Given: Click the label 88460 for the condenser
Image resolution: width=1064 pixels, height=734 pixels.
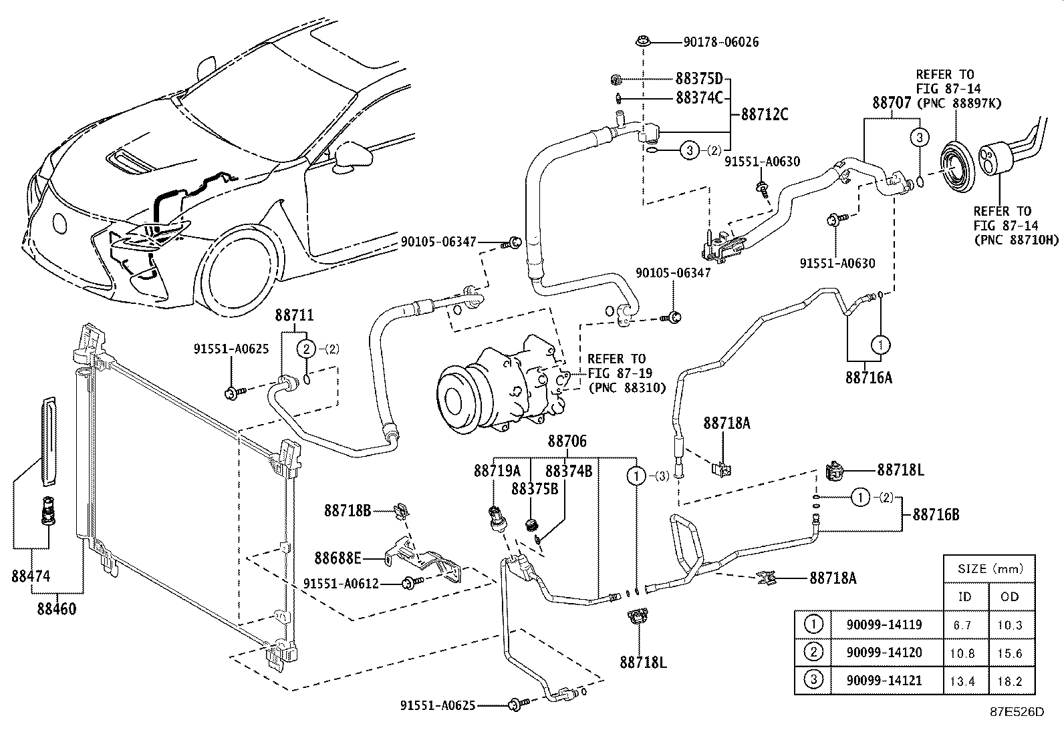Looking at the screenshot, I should [x=57, y=608].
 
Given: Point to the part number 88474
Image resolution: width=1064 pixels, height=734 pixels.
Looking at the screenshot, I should [x=31, y=576].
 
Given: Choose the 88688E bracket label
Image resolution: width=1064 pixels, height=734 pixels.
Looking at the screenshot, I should [x=338, y=557].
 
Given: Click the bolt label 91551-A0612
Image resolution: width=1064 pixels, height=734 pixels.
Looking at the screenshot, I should [x=341, y=584].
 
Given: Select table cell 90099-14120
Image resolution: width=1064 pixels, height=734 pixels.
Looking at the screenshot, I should [x=884, y=653].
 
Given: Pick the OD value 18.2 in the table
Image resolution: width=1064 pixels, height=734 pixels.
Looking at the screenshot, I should [x=1009, y=681].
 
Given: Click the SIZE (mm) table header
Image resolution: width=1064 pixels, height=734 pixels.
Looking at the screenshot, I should [x=989, y=569].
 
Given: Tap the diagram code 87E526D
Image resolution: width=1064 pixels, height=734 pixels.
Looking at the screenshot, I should [x=1017, y=712].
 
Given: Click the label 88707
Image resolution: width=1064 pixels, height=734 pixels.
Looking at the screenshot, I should [x=892, y=103].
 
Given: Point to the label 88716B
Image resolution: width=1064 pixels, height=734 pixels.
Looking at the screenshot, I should [x=936, y=515].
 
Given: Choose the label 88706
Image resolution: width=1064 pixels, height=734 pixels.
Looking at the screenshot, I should [x=567, y=441].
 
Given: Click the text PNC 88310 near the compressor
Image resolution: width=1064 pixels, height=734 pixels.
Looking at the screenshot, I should [x=627, y=387].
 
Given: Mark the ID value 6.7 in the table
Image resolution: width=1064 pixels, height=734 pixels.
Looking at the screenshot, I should [x=965, y=626].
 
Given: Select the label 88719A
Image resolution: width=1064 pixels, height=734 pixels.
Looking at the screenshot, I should [x=497, y=471].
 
